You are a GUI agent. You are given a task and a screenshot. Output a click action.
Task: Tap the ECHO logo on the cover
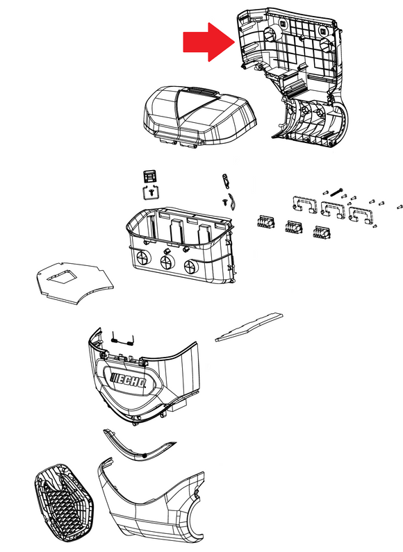coord(129,380)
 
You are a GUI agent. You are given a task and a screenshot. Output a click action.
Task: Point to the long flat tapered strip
coord(249,327)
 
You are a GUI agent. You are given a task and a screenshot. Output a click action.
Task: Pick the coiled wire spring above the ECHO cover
coord(122,340)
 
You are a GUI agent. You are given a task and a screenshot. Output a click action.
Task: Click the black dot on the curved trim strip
coord(145,455)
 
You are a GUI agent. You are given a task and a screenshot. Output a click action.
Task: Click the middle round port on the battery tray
coord(167,262)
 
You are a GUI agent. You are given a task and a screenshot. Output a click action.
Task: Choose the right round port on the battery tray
coord(190,267)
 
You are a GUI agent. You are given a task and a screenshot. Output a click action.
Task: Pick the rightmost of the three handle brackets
coord(361,215)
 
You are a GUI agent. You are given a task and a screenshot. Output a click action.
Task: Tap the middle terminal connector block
coord(294,226)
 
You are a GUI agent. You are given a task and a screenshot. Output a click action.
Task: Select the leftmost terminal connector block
coord(266,221)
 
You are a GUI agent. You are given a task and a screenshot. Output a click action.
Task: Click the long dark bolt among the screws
coord(336,191)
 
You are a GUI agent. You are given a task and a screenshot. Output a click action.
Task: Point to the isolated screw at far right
coord(400,207)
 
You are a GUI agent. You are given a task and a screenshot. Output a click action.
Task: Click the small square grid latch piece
coord(149,176)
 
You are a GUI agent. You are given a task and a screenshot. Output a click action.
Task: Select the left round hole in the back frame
coord(272,33)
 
